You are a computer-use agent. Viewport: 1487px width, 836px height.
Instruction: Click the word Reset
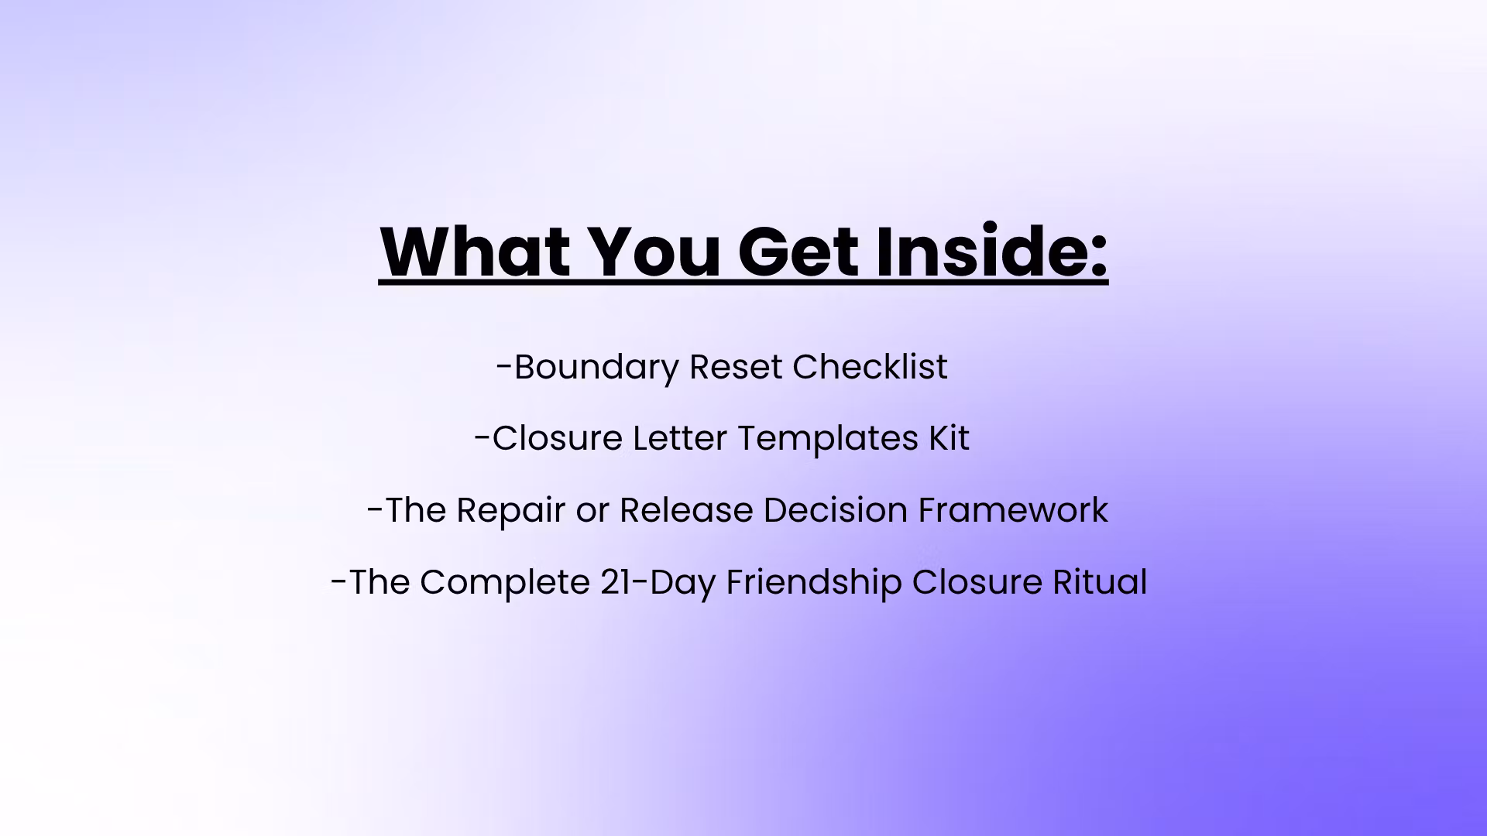[x=736, y=367]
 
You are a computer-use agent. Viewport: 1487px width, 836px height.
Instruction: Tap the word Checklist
[x=870, y=366]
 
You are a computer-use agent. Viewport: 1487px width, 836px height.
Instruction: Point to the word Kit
[x=949, y=438]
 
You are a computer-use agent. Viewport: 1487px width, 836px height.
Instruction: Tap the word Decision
[x=836, y=510]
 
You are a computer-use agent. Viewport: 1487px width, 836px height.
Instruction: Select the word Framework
[x=1013, y=510]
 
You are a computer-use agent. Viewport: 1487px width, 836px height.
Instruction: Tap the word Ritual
[x=1100, y=582]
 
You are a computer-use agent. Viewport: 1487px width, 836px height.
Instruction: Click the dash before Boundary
[x=504, y=369]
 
